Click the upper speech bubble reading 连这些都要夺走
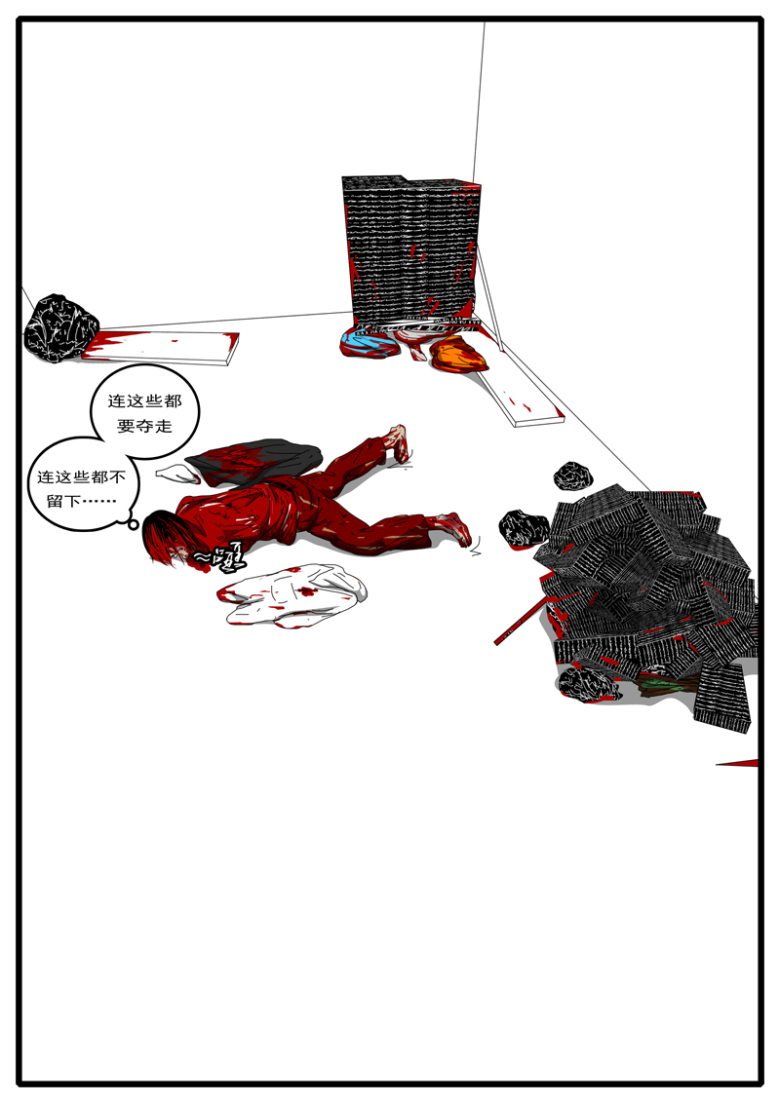[x=144, y=413]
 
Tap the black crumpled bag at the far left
[x=60, y=325]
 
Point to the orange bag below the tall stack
[x=458, y=355]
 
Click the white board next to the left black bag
[x=166, y=346]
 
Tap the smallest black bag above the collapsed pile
[x=573, y=475]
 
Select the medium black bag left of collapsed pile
[x=525, y=529]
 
